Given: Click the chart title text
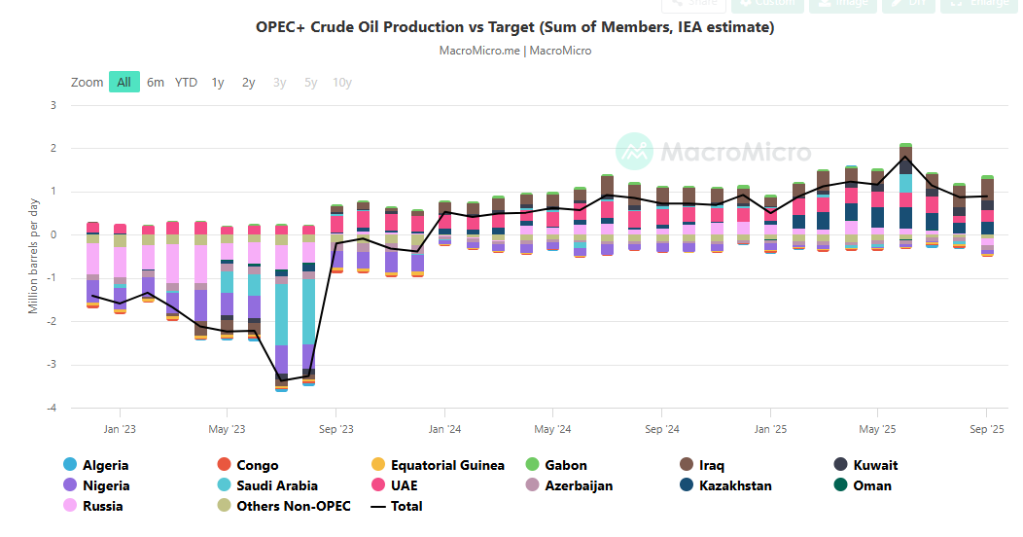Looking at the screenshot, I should (514, 27).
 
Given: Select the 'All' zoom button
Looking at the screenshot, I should (124, 83).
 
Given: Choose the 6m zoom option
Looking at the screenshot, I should (156, 83).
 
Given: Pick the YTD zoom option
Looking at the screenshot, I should (186, 83).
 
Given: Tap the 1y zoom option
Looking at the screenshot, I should (218, 83).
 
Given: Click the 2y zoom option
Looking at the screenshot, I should (249, 83).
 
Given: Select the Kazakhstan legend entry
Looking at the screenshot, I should (735, 485).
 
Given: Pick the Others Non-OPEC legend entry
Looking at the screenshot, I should (293, 506).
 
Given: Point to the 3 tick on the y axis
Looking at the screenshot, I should (53, 105).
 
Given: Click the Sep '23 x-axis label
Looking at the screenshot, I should (335, 428).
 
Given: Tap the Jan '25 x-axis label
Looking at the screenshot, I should (770, 428).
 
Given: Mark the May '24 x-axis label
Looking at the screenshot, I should (552, 428).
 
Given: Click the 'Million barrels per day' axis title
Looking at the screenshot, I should (34, 255).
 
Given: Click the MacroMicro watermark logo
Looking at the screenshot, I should (713, 152).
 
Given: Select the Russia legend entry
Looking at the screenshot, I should (103, 506).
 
